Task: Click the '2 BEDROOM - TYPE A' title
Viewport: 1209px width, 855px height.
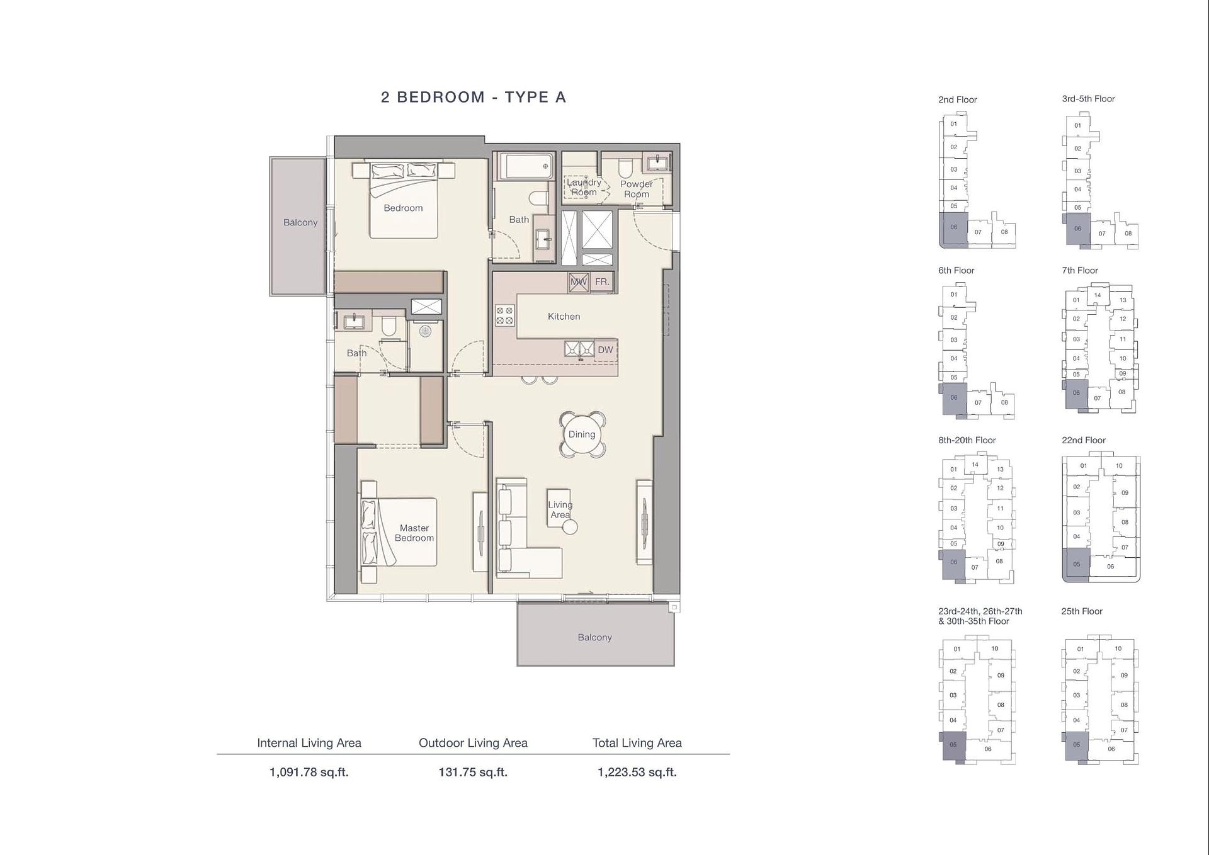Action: click(x=474, y=97)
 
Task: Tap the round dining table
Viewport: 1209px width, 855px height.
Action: click(x=582, y=434)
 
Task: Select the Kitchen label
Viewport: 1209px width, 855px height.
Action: click(x=564, y=316)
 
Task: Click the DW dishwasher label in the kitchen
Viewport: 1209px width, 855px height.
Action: click(x=605, y=349)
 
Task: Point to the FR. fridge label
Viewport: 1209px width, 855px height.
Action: click(x=602, y=281)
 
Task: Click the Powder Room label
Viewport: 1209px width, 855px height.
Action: click(x=637, y=189)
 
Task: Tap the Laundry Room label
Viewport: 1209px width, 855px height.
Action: click(x=584, y=187)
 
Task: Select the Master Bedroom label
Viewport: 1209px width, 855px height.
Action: click(x=414, y=533)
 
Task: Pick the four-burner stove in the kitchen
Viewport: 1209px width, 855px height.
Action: click(x=504, y=315)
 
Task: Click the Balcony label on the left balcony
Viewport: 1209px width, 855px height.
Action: click(x=300, y=222)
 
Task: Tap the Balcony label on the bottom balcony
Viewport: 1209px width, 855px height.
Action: click(x=595, y=637)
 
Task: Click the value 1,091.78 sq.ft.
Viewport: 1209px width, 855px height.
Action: click(x=309, y=772)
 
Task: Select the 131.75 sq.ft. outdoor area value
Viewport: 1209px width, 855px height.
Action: click(x=473, y=772)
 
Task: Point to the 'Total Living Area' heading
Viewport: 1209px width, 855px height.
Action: click(x=637, y=743)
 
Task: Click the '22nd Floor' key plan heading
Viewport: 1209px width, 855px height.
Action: click(x=1084, y=440)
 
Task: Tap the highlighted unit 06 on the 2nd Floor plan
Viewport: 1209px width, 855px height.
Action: click(x=953, y=229)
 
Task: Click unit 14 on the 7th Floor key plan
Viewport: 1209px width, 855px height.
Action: click(x=1098, y=295)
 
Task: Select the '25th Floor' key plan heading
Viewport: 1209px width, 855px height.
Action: click(x=1082, y=611)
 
